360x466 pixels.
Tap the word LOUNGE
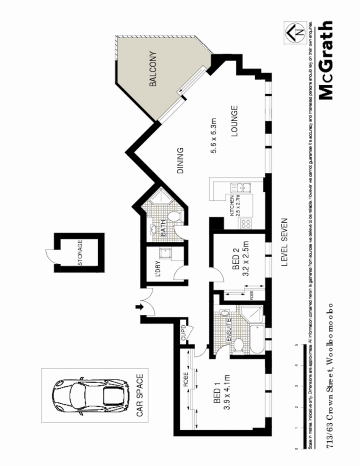[235, 121]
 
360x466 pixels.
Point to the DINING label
[181, 160]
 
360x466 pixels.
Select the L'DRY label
[158, 272]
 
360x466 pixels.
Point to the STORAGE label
[80, 253]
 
